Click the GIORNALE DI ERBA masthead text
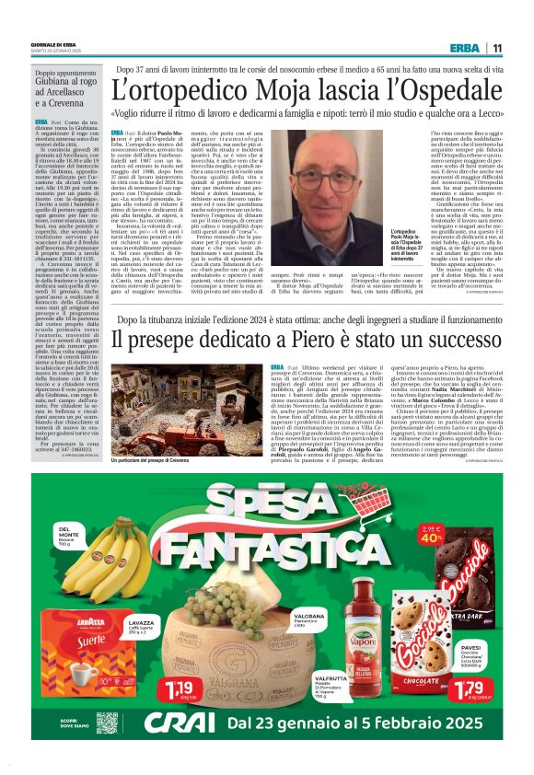click(56, 41)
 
